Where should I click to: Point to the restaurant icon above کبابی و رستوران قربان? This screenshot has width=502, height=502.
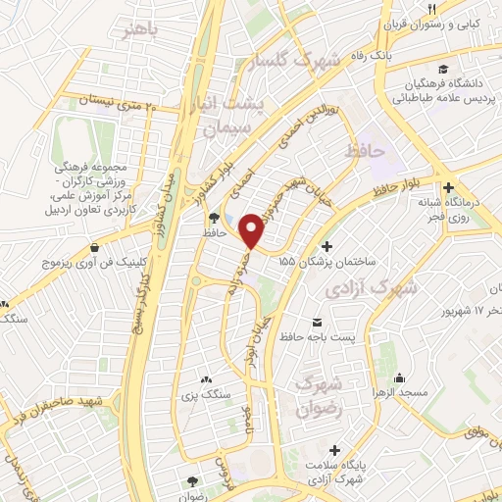pos(432,10)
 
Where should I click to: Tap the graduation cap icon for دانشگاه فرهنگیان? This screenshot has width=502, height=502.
pos(444,71)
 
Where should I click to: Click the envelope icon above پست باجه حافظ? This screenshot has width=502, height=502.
pos(317,323)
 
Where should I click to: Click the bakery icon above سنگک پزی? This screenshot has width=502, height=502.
pos(205,379)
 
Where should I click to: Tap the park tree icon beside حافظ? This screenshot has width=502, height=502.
pos(215,217)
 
